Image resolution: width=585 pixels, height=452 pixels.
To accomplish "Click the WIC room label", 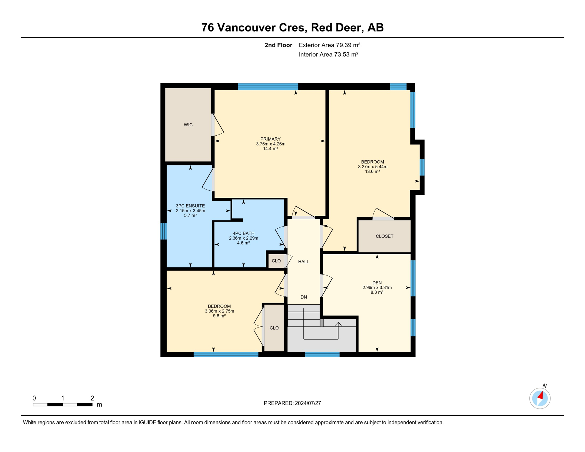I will point(188,125).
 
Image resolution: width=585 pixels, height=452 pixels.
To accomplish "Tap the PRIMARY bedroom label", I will point(270,139).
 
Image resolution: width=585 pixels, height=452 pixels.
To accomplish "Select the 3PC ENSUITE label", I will point(190,206).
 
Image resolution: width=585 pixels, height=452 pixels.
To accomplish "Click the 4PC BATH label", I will point(243,233).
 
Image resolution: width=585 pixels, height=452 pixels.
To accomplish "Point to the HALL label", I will point(303,262).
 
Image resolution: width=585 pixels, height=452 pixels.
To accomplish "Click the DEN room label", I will point(377,283).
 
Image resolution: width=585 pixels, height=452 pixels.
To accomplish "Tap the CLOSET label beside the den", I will point(384,236).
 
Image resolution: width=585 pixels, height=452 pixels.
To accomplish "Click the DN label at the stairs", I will point(304,297).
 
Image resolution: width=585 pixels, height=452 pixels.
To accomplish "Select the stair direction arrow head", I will point(338,324).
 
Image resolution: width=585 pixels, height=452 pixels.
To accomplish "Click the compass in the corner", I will point(540,398).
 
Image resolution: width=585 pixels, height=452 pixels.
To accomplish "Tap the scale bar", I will point(63,405).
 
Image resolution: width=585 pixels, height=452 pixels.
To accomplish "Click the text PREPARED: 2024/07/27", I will point(292,403).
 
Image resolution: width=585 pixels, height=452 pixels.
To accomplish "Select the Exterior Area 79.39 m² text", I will point(329,45).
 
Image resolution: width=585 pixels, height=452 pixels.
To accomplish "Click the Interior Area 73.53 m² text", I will point(328,54).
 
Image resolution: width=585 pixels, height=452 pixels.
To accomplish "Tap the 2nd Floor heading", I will point(278,45).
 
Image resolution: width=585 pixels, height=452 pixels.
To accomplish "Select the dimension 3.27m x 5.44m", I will point(373,167).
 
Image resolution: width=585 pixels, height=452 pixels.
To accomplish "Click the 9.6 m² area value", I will point(219,316).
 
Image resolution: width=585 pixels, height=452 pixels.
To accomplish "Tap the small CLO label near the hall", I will point(276,261).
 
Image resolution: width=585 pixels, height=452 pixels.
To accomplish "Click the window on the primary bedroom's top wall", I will point(268,87).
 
